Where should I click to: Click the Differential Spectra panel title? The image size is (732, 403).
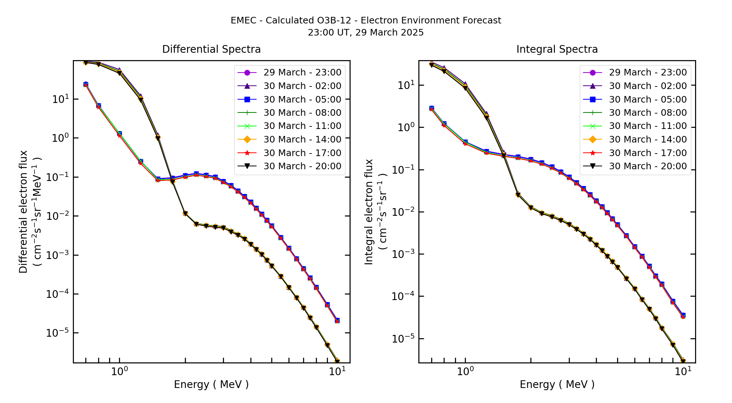point(211,49)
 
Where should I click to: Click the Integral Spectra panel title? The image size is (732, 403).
point(557,49)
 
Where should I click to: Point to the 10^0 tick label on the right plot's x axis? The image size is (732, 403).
point(465,371)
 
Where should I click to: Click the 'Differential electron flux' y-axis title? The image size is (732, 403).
point(23,212)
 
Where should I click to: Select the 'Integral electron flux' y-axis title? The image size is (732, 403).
point(369,212)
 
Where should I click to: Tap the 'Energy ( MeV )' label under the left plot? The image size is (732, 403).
point(211,384)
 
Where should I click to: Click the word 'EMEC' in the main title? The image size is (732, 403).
point(243,21)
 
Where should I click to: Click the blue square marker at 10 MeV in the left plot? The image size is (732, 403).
point(337,320)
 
